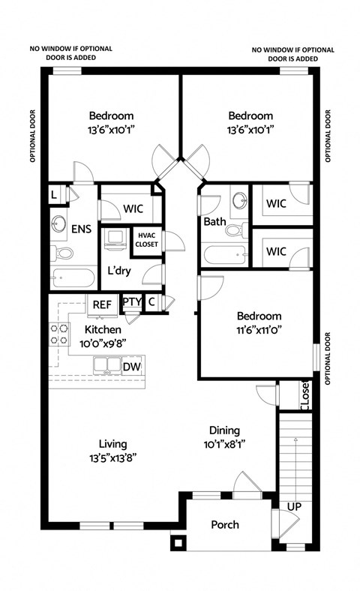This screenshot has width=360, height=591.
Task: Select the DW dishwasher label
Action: (x=130, y=366)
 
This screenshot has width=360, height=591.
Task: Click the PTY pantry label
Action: (x=131, y=302)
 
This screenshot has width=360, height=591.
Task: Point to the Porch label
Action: (x=224, y=524)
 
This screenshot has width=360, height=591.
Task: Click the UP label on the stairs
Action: (x=295, y=508)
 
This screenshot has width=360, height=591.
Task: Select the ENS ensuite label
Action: (x=80, y=229)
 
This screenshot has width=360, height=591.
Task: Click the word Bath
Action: (x=214, y=222)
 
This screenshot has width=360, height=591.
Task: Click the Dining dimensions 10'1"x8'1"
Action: (x=224, y=443)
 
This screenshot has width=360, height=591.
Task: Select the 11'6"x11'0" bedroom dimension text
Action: (x=259, y=328)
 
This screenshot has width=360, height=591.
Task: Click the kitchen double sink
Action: (x=107, y=366)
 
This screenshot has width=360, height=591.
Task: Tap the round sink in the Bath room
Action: (x=239, y=201)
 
